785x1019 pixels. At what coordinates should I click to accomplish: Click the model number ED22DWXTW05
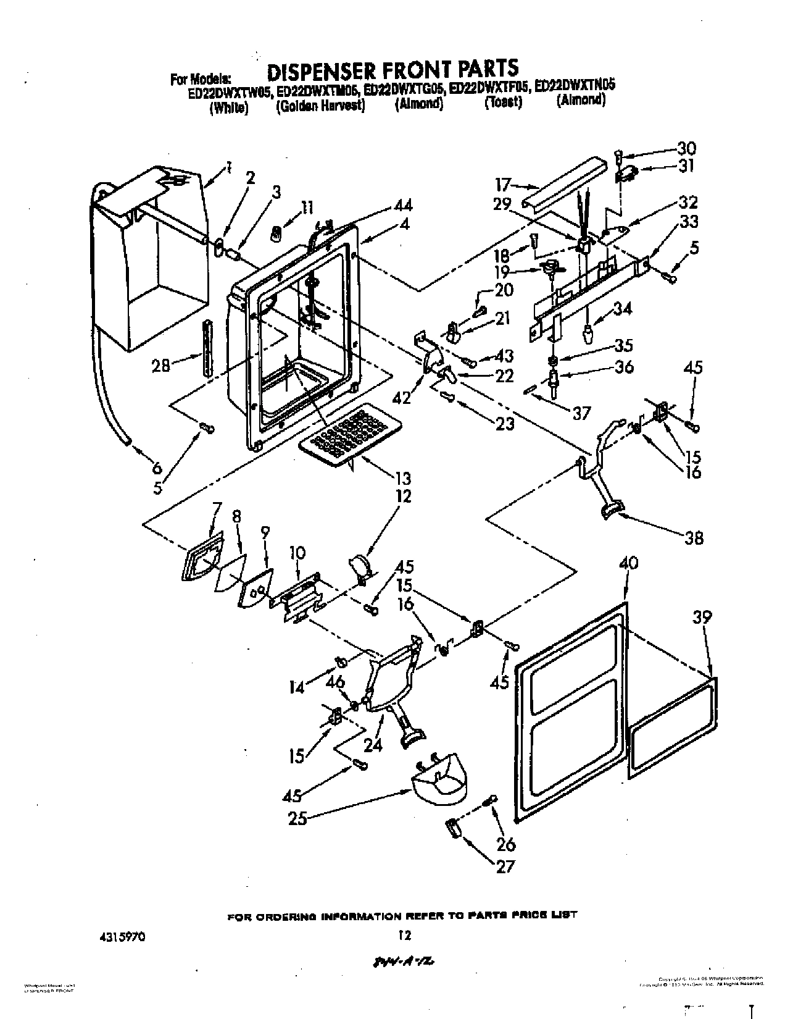(x=222, y=91)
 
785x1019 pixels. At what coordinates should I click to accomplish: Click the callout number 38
(x=694, y=538)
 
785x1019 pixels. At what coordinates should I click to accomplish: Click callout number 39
(x=702, y=616)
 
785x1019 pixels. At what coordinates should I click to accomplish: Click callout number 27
(x=505, y=866)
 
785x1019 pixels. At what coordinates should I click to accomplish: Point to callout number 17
(x=504, y=184)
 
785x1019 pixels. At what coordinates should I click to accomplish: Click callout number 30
(x=686, y=148)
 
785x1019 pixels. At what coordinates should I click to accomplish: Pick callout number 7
(x=216, y=509)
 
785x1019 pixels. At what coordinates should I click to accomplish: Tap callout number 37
(x=581, y=413)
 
